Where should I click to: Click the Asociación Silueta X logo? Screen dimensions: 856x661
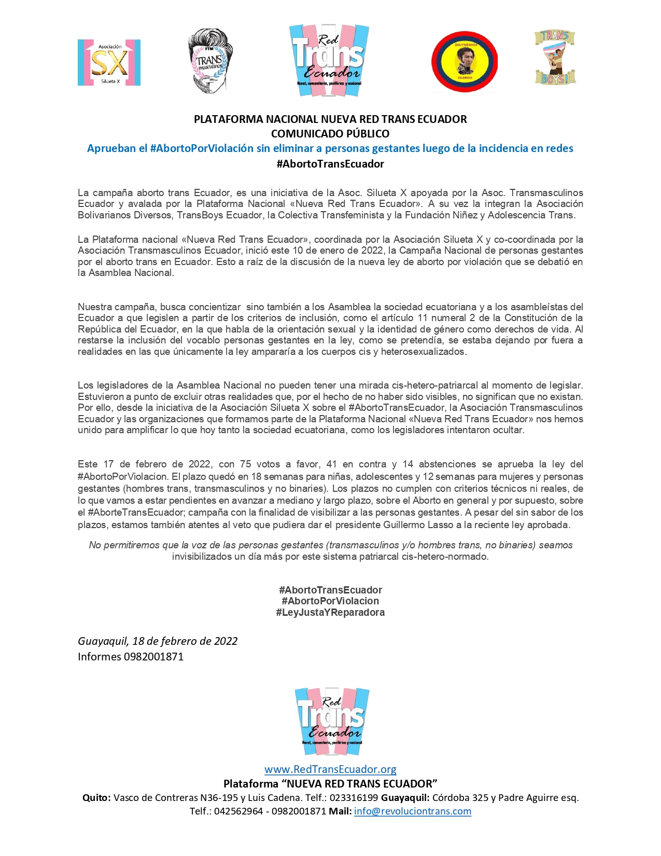click(x=109, y=63)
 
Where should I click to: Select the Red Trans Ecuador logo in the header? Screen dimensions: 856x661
click(x=329, y=60)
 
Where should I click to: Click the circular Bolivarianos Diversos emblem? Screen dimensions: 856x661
click(x=465, y=62)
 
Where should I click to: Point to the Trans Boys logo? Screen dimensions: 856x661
click(x=555, y=58)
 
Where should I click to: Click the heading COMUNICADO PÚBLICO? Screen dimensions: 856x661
click(x=330, y=133)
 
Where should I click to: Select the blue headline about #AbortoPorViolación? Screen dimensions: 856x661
click(x=330, y=148)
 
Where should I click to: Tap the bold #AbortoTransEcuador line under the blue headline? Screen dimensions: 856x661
click(x=330, y=164)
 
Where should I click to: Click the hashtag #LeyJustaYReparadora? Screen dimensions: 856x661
click(x=330, y=612)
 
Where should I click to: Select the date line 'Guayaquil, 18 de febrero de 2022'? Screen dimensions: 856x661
click(x=158, y=641)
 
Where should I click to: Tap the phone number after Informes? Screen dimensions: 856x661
click(x=153, y=657)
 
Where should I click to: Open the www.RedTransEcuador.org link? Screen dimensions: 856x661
click(x=330, y=769)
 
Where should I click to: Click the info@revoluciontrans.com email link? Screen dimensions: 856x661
click(x=413, y=811)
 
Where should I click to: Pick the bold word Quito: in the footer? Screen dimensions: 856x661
click(x=96, y=798)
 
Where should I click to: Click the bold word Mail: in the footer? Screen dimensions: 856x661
click(x=340, y=811)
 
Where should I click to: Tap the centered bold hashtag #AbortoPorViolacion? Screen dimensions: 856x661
click(x=330, y=601)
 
